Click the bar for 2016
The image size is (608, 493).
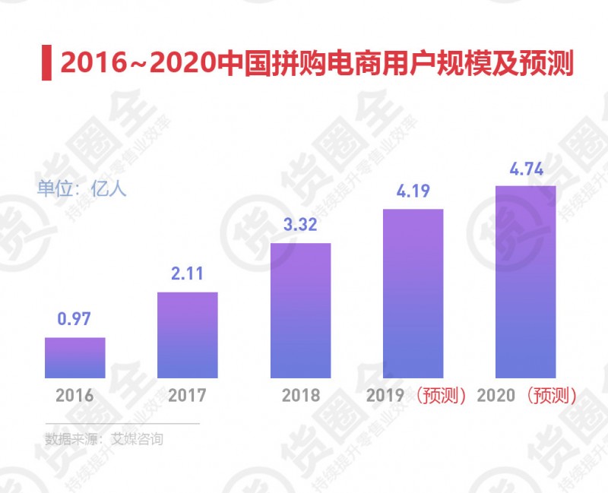click(74, 358)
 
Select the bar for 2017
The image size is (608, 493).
click(187, 335)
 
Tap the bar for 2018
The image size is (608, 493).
click(300, 311)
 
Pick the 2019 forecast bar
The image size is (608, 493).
click(413, 293)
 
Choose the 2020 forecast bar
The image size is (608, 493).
click(526, 282)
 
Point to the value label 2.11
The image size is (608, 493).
click(187, 274)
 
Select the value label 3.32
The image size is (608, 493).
click(300, 226)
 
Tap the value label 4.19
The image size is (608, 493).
click(413, 191)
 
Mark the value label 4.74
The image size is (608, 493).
click(526, 169)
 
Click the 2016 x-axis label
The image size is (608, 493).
click(74, 396)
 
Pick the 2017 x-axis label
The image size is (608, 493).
click(187, 396)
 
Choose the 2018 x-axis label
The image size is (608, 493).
click(300, 396)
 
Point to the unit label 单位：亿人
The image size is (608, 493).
click(82, 189)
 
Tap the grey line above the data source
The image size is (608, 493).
click(122, 423)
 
